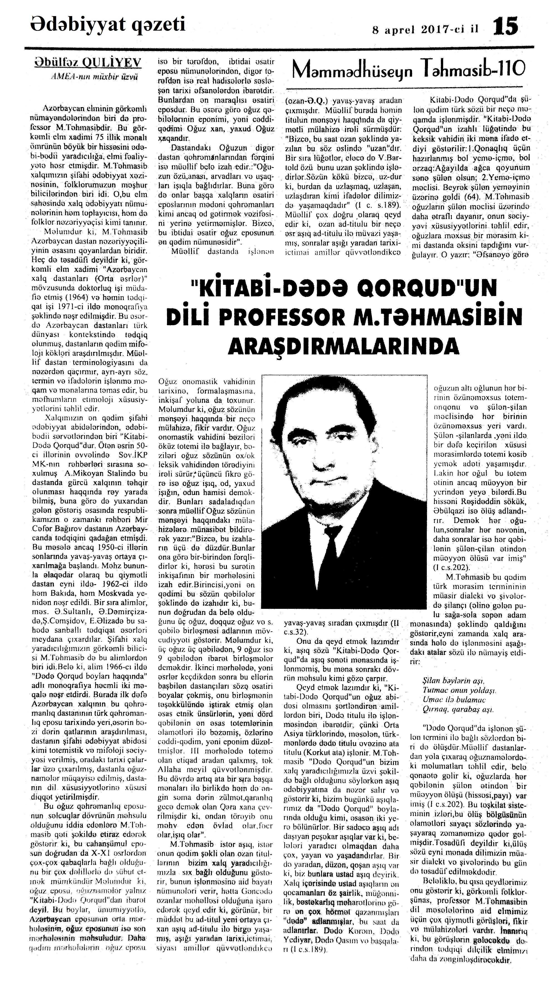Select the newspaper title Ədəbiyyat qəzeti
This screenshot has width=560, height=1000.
pos(108,25)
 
